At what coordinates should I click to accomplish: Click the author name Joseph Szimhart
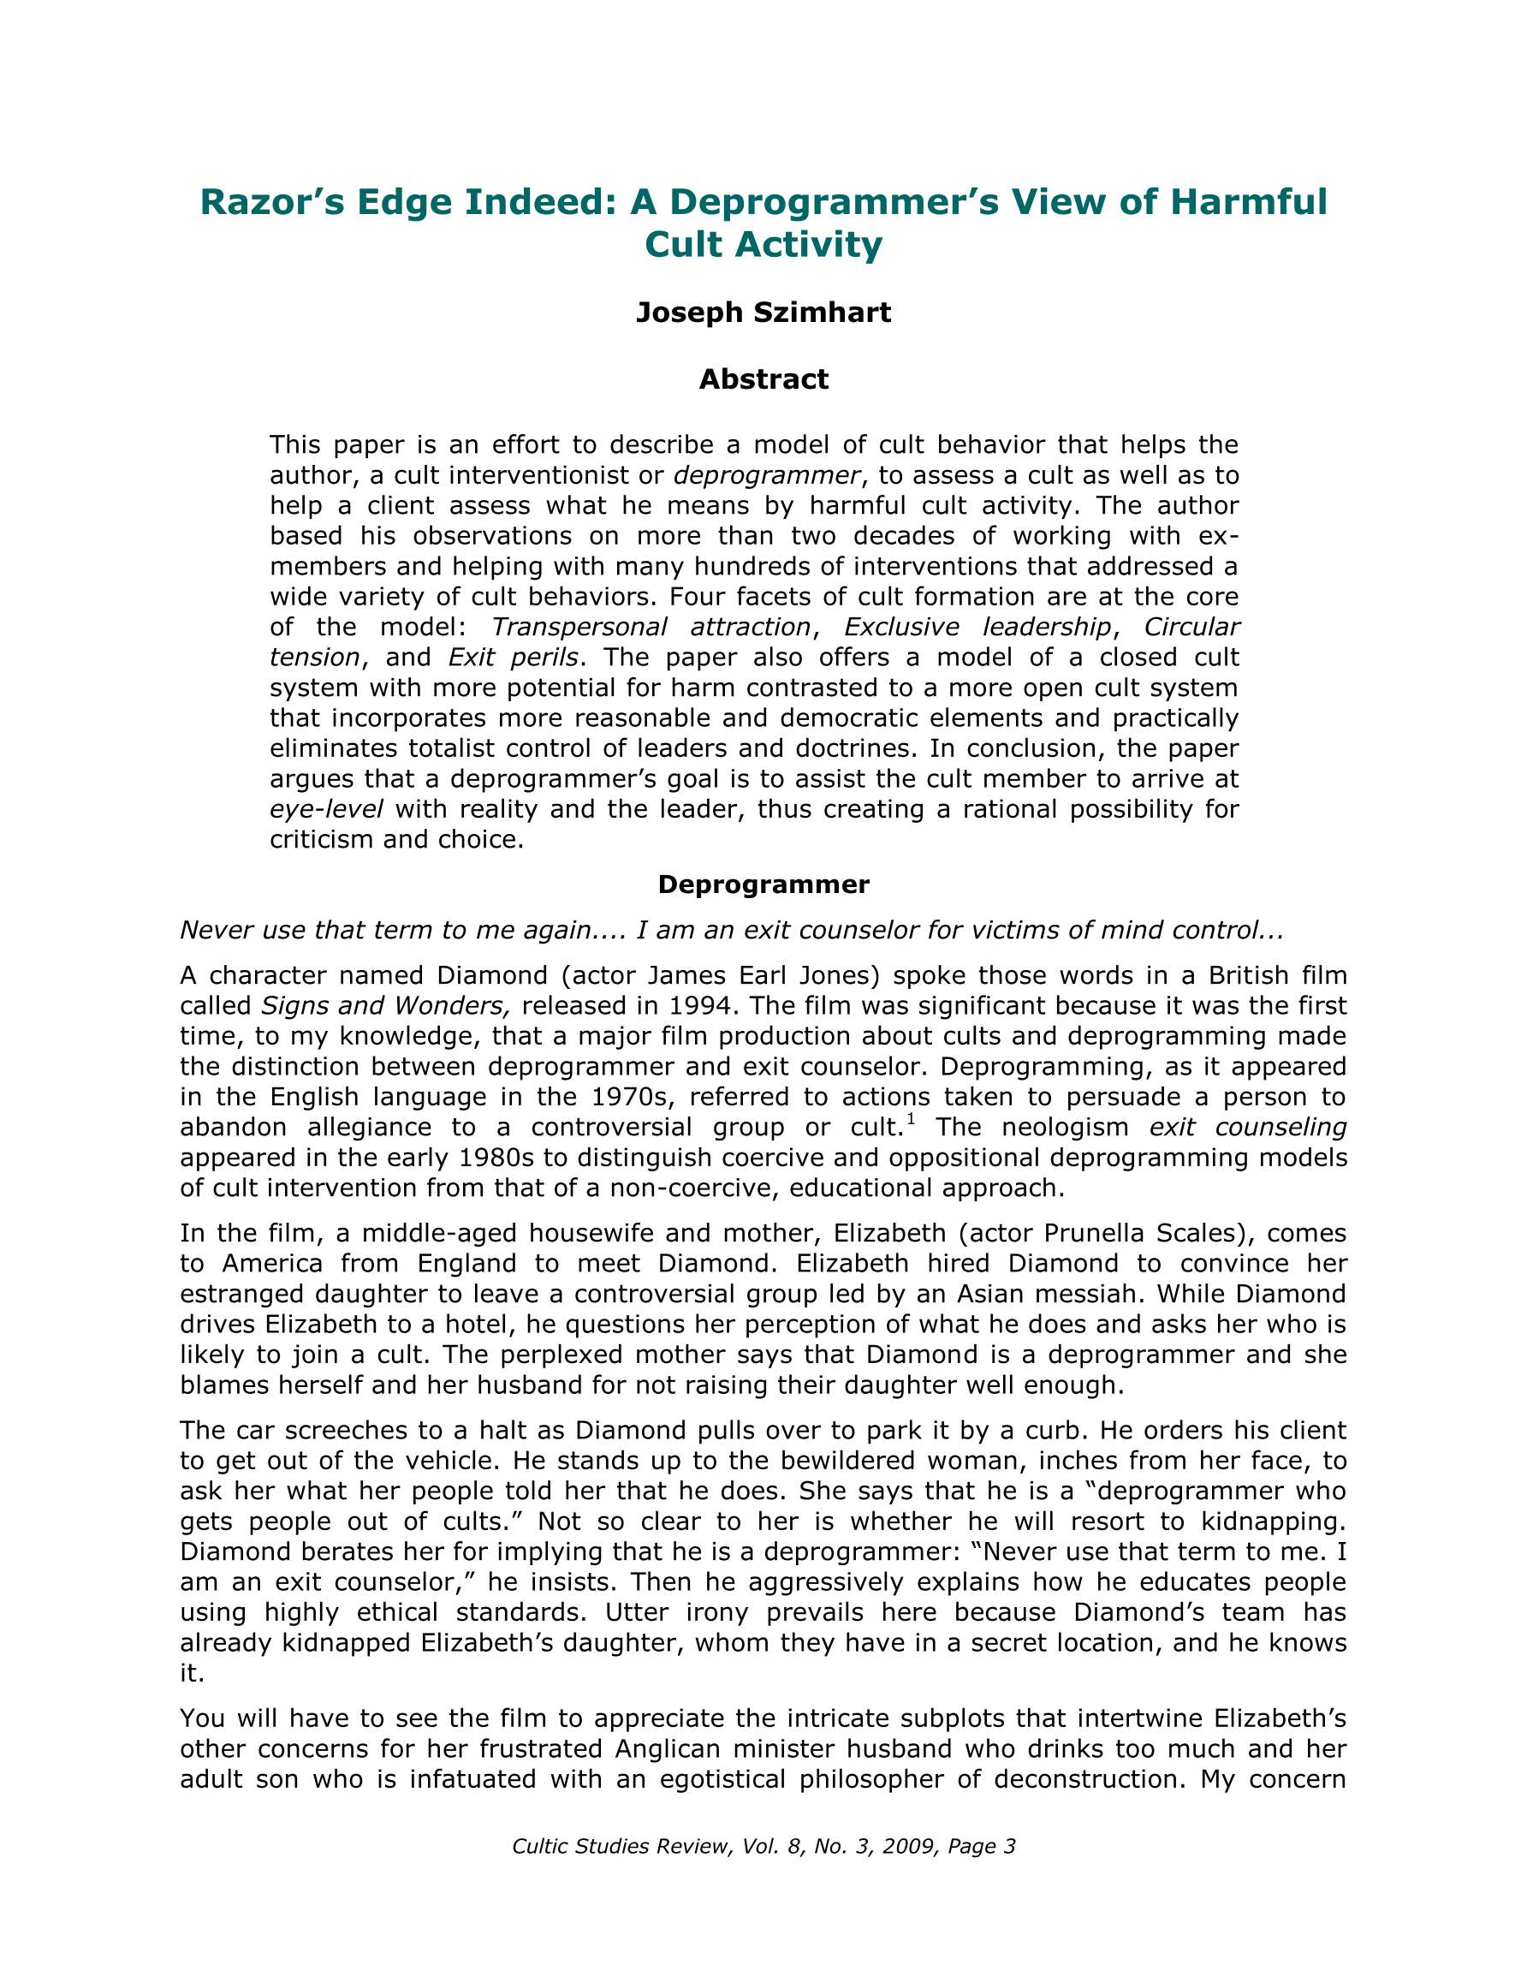tap(763, 313)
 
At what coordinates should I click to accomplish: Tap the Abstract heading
tap(763, 379)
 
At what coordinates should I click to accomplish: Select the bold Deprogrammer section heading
tap(763, 884)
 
